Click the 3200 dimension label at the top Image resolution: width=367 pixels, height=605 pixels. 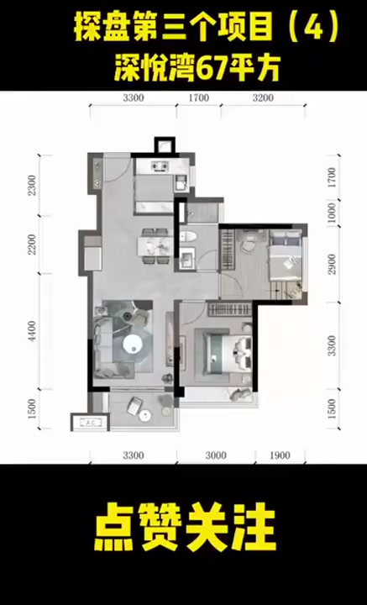coord(263,98)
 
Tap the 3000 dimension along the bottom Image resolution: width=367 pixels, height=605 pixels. coord(216,455)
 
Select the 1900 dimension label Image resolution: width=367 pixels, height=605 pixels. coord(280,455)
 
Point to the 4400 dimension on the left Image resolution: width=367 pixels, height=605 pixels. coord(33,331)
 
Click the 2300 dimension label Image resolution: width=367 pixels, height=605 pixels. coord(33,185)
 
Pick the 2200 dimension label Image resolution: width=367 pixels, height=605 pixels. coord(33,244)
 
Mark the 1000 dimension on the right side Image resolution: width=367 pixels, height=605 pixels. coord(332,212)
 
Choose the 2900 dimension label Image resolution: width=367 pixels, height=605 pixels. coord(332,264)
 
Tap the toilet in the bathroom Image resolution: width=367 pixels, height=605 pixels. coord(188,236)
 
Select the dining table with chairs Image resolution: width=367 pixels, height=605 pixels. coord(155,246)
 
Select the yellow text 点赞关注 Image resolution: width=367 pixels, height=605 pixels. coord(185,526)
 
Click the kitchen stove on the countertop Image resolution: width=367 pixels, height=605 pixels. coord(160,166)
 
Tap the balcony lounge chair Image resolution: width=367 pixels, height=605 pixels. coord(134,406)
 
